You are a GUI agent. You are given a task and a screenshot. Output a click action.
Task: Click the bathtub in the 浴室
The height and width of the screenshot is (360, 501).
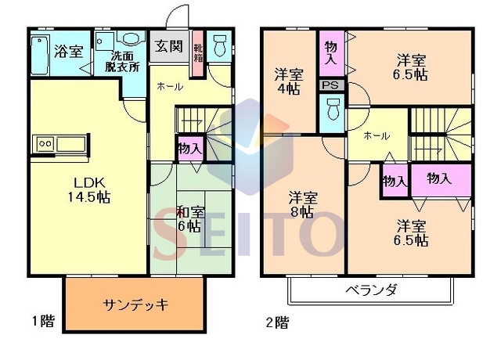[x=40, y=55]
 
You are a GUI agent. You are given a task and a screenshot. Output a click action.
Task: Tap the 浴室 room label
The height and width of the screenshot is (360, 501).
[x=68, y=51]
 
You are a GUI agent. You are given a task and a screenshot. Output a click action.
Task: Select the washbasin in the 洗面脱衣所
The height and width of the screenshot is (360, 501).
[x=130, y=38]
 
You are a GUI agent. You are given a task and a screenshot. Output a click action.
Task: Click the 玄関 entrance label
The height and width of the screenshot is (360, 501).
[x=169, y=46]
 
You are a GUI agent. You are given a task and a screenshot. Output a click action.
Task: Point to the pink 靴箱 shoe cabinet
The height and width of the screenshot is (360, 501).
[x=198, y=53]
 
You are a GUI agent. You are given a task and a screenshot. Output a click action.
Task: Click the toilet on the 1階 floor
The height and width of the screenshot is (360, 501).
[x=219, y=45]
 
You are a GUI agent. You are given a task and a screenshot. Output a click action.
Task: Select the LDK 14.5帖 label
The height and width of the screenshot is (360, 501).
[x=89, y=190]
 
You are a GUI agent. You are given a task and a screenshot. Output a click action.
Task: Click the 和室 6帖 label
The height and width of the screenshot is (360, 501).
[x=190, y=219]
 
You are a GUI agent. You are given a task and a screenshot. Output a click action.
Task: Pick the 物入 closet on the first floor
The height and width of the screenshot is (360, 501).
[x=190, y=149]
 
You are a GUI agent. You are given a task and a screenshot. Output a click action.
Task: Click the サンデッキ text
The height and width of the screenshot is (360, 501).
[x=135, y=304]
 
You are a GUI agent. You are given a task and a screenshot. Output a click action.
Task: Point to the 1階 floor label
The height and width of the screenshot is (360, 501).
[x=43, y=321]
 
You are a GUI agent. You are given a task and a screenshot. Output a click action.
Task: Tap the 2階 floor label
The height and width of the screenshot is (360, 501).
[x=277, y=322]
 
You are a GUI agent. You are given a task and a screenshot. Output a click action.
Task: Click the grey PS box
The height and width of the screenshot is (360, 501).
[x=332, y=85]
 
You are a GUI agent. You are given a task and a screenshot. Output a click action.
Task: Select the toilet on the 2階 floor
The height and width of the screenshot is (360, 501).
[x=333, y=109]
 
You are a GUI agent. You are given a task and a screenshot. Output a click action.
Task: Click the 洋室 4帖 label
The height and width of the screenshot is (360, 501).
[x=289, y=81]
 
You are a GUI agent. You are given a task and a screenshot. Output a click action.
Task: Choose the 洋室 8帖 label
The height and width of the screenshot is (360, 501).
[x=302, y=204]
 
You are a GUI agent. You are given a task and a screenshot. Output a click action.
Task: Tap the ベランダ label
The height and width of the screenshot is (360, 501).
[x=372, y=290]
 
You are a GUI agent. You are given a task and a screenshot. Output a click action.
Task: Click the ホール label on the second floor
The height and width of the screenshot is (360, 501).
[x=377, y=136]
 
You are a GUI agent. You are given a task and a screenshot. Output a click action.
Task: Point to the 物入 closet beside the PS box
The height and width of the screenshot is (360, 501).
[x=331, y=53]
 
